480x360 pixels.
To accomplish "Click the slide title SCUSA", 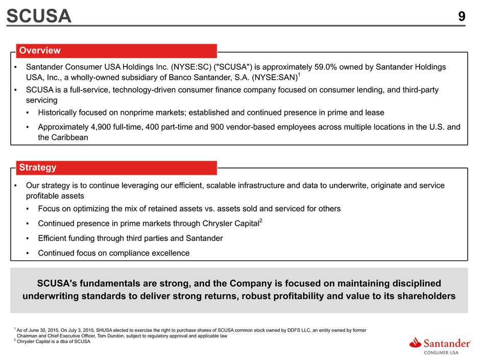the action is coord(39,16).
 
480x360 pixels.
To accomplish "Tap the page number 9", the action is coord(462,16).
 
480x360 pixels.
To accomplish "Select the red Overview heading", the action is coord(40,51).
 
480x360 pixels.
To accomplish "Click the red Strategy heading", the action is coord(38,167).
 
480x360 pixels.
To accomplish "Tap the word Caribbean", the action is coord(69,137).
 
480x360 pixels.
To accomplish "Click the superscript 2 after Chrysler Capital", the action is coord(261,221).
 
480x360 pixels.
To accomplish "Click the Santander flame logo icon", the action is coord(415,343).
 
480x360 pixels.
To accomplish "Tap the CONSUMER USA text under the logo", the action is coord(441,353).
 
